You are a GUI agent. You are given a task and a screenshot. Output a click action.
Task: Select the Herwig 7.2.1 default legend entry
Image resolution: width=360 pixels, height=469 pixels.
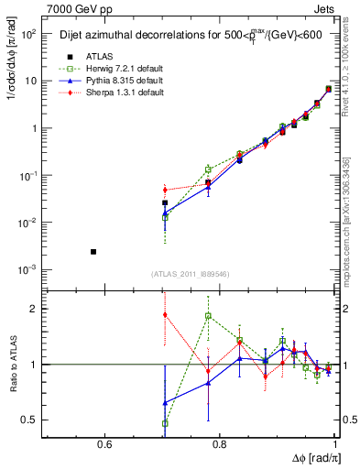pyautogui.click(x=110, y=71)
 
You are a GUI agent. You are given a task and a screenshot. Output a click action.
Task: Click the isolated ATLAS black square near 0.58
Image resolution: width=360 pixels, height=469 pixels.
pyautogui.click(x=93, y=251)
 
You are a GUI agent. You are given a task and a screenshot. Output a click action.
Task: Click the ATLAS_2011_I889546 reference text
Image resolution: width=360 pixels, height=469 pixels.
pyautogui.click(x=191, y=273)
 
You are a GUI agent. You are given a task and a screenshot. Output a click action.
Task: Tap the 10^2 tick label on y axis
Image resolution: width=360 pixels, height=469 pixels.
pyautogui.click(x=29, y=34)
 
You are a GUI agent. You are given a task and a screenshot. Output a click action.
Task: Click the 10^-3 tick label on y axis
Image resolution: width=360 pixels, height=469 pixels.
pyautogui.click(x=29, y=270)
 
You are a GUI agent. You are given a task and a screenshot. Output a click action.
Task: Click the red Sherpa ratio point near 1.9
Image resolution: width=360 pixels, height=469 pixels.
pyautogui.click(x=165, y=314)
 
